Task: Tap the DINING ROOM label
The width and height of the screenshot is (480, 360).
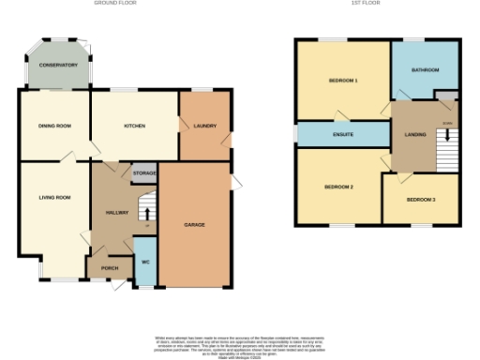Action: click(54, 126)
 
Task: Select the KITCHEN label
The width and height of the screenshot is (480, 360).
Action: click(135, 126)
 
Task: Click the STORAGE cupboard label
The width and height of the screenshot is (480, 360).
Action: click(144, 173)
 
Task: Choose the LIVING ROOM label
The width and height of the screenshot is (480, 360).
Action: click(54, 198)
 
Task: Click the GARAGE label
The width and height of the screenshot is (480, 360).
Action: click(194, 225)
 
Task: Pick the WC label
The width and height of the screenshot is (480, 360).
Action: click(145, 262)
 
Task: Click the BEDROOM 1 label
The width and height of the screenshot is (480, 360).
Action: click(343, 82)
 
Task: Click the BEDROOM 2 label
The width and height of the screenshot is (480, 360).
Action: click(338, 187)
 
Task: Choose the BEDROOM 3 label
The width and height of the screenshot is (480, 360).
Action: click(420, 200)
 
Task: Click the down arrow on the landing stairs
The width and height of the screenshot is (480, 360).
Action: click(447, 136)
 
